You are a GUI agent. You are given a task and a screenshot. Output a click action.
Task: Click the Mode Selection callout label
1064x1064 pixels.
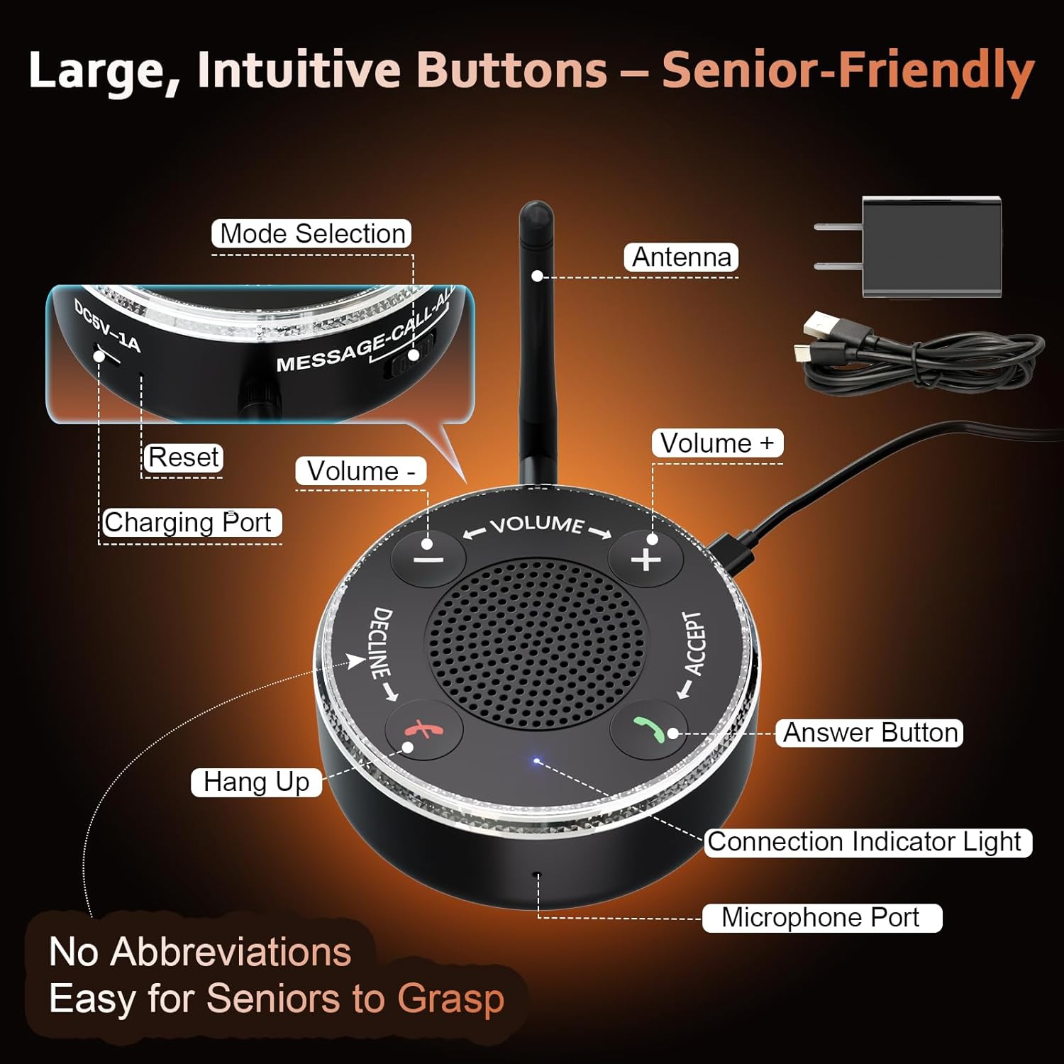[x=311, y=233]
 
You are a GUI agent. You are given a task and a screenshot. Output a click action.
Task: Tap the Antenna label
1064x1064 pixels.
[x=681, y=257]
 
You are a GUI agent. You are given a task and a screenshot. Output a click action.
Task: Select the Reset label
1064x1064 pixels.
[x=183, y=458]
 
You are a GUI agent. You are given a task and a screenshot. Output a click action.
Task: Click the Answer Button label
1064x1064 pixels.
[x=870, y=733]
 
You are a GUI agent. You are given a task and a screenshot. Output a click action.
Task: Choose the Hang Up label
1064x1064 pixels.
[x=256, y=782]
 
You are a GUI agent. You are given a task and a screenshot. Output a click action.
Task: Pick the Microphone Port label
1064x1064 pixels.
[x=821, y=918]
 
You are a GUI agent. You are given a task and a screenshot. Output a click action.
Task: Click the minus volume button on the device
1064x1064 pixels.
[x=428, y=558]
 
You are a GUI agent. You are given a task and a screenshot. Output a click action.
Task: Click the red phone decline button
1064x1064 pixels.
[x=423, y=730]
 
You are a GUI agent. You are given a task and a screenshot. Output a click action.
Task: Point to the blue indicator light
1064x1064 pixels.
[x=537, y=761]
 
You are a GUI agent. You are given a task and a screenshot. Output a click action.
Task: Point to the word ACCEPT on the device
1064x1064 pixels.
[x=694, y=644]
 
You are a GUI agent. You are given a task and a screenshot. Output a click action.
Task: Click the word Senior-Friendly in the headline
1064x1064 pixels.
[x=848, y=72]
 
